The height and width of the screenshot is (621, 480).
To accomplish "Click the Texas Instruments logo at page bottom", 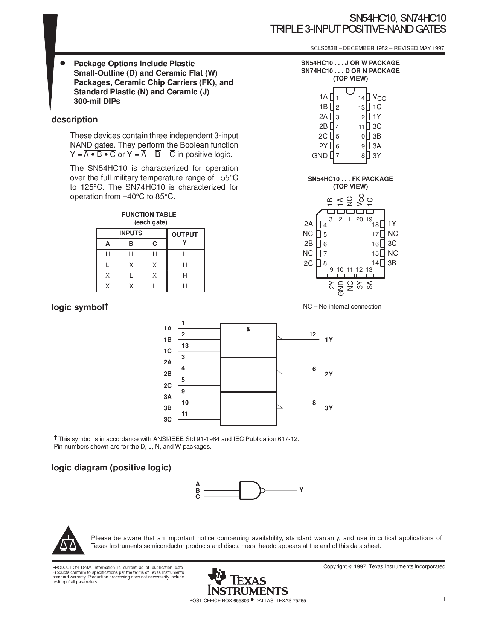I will click(x=247, y=581).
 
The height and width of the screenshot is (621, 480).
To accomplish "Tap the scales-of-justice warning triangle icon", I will click(x=68, y=541).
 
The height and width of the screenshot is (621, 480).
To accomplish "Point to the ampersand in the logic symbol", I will click(x=248, y=329).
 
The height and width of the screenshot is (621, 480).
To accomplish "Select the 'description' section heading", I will click(x=75, y=120).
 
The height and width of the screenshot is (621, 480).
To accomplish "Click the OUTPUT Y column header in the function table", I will click(x=184, y=238).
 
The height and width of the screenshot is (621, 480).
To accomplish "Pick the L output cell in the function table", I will click(x=184, y=254).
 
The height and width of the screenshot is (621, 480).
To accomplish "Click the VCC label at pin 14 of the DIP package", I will click(x=379, y=97).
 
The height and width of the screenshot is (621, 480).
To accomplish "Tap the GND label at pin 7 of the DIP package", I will click(x=320, y=155).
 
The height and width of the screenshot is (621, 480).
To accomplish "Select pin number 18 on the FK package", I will click(x=375, y=225).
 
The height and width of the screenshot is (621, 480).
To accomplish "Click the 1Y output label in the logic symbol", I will click(x=329, y=339).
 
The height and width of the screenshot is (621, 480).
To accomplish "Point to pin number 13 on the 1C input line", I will click(x=185, y=346).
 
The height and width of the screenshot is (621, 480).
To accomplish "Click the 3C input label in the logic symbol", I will click(x=168, y=419).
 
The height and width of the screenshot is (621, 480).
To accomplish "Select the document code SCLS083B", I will click(x=322, y=49).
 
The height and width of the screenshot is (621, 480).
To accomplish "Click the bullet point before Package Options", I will click(x=63, y=63).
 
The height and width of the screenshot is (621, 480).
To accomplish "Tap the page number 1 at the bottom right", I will click(x=444, y=600).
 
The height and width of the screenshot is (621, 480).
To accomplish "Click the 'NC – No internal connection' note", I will click(x=342, y=307).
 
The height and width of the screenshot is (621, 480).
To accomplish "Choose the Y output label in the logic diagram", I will click(x=301, y=490).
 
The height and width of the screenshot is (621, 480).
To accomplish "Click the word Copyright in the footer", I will click(x=335, y=566).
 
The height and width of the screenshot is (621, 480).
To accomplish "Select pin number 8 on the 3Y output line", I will click(x=314, y=403).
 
